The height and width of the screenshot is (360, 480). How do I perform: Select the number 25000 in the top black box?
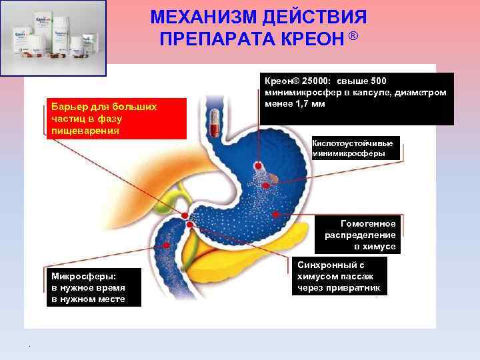[316, 81]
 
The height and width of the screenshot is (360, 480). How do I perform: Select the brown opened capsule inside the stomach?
[271, 178]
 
